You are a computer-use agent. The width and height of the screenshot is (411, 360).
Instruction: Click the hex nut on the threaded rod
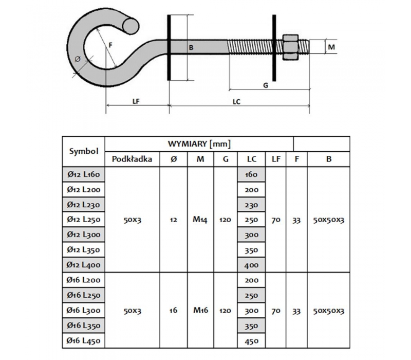290,47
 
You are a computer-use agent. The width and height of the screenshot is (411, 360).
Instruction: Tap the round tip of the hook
130,26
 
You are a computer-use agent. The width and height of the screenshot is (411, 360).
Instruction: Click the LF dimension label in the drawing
136,101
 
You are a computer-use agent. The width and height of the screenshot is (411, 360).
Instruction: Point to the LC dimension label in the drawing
236,101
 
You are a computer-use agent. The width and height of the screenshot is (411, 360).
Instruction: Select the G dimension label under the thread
266,85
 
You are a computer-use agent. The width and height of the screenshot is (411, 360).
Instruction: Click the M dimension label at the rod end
331,47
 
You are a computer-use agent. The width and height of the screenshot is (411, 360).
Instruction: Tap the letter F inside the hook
110,45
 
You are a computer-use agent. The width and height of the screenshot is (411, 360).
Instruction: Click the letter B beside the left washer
191,48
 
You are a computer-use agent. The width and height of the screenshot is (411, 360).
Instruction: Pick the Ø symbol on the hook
78,60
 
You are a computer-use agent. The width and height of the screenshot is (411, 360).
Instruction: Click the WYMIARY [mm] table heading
199,144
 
